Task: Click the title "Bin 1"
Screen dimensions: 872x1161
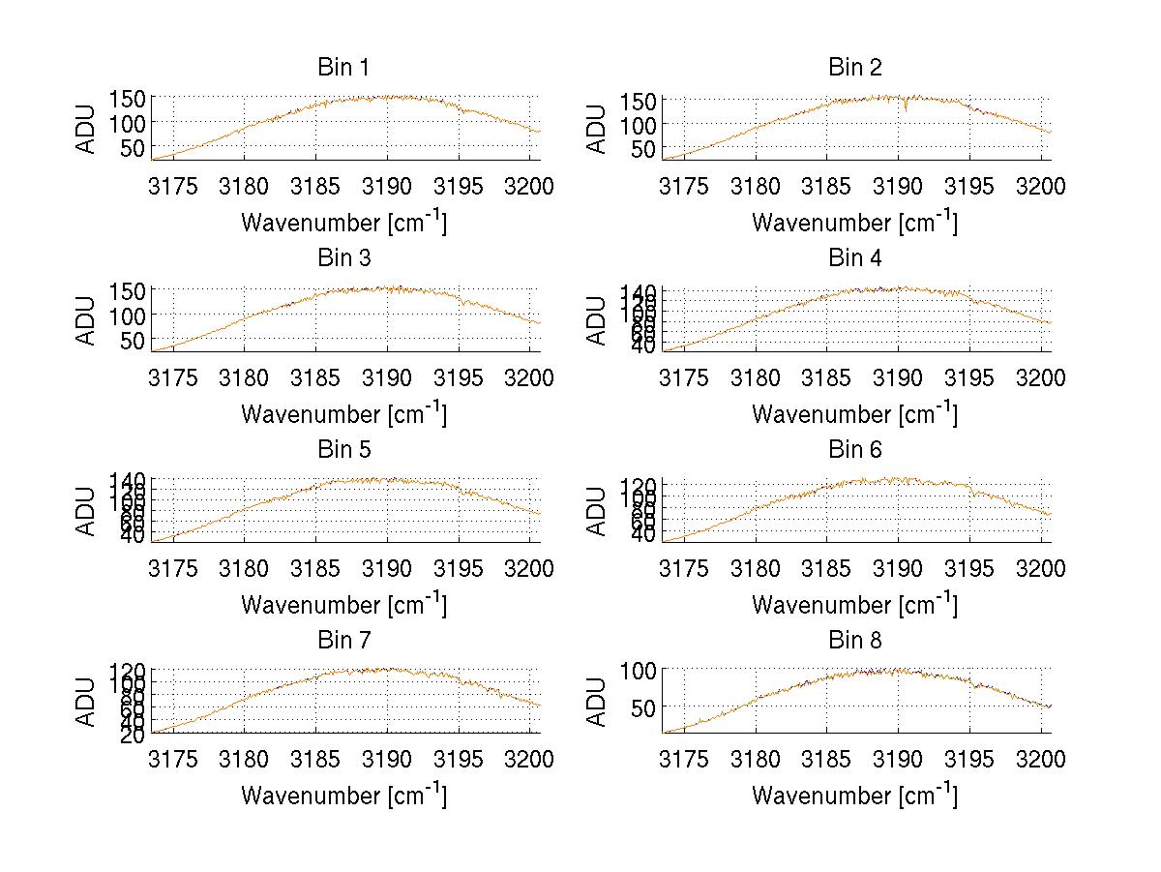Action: click(x=342, y=68)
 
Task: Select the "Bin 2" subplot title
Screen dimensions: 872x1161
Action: click(x=854, y=68)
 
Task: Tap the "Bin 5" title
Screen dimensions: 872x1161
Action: click(x=342, y=450)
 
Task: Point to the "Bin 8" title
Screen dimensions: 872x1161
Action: click(x=854, y=641)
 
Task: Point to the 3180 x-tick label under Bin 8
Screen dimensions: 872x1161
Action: click(x=756, y=760)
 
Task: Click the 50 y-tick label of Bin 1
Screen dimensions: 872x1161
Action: click(x=134, y=147)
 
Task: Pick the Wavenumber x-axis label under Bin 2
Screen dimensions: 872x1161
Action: click(x=854, y=223)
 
